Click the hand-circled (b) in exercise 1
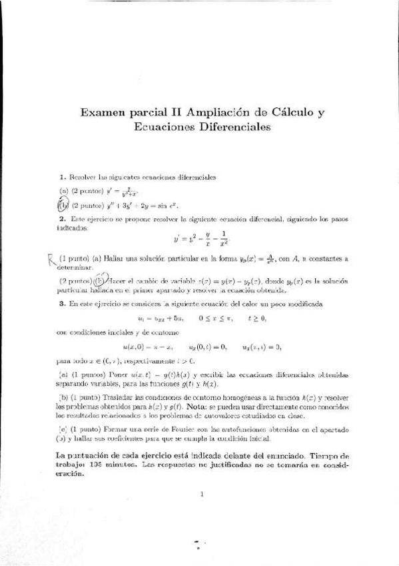(x=63, y=205)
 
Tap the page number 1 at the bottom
(x=200, y=495)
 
